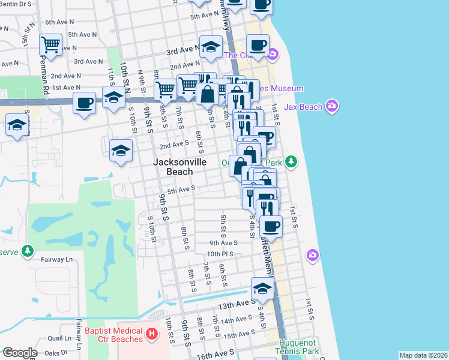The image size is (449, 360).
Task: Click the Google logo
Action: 20,353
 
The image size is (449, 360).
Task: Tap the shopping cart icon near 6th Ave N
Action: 50,44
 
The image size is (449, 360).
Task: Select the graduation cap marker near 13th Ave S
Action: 262,289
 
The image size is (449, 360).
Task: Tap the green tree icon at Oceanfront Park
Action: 291,161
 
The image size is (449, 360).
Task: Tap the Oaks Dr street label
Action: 55,352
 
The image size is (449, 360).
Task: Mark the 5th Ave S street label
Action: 182,190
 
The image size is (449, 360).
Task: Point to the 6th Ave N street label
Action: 59,22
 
